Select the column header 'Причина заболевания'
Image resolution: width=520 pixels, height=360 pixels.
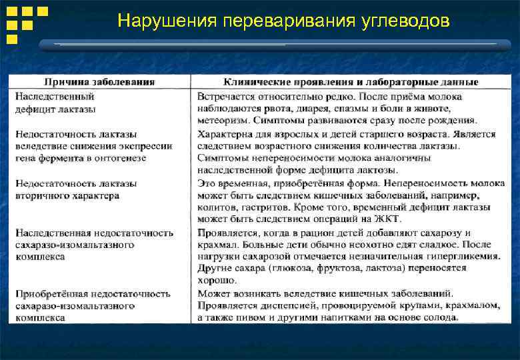pos(99,82)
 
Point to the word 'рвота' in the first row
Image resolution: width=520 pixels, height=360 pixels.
pos(297,109)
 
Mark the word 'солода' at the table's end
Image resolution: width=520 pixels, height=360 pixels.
pos(441,317)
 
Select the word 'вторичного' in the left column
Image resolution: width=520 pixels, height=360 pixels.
pos(41,195)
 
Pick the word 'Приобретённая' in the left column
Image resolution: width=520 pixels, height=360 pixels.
pos(49,293)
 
